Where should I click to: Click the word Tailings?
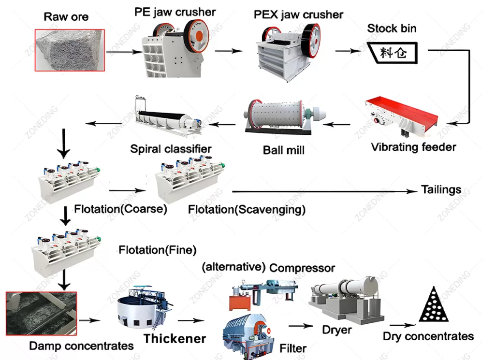441,189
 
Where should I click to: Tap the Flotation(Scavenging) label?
247,209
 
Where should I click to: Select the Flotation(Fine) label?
158,250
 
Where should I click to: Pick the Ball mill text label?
284,150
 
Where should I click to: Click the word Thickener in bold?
175,338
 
